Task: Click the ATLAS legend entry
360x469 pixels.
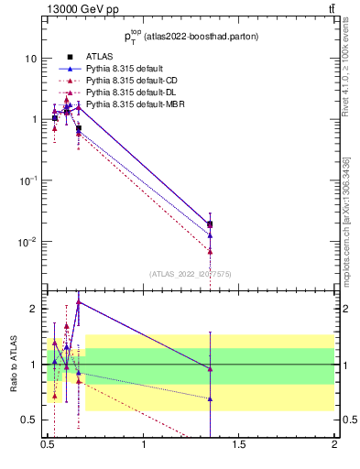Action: pyautogui.click(x=98, y=57)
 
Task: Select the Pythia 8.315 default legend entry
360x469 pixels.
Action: pyautogui.click(x=125, y=69)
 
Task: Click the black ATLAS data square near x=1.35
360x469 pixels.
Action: pyautogui.click(x=210, y=224)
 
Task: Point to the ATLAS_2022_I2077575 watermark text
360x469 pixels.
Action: pyautogui.click(x=189, y=273)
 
